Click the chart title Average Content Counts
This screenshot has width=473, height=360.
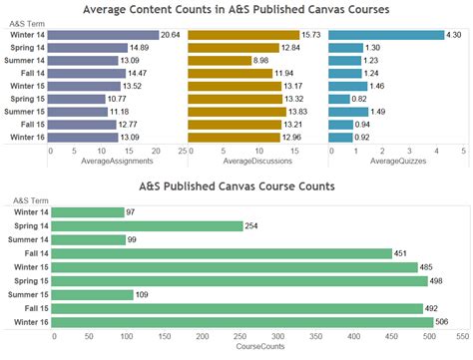click(x=236, y=10)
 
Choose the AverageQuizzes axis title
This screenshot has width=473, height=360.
click(x=396, y=161)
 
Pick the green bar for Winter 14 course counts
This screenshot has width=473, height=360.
click(x=87, y=212)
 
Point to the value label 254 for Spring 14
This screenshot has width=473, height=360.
click(x=251, y=226)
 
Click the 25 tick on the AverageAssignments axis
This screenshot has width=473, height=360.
click(x=182, y=151)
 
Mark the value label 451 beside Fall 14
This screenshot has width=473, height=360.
click(x=400, y=253)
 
